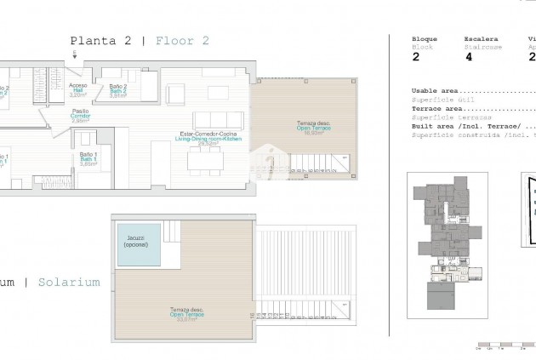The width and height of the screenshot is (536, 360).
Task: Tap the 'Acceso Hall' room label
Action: click(77, 89)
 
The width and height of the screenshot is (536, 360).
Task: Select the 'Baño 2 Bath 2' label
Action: click(117, 90)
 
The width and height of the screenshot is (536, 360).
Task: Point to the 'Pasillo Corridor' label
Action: click(81, 116)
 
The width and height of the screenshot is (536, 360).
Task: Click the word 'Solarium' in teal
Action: click(69, 281)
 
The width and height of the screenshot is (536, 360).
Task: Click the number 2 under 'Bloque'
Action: click(415, 57)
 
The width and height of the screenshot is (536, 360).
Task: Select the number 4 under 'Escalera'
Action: click(468, 57)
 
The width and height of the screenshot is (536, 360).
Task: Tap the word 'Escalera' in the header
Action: click(478, 38)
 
